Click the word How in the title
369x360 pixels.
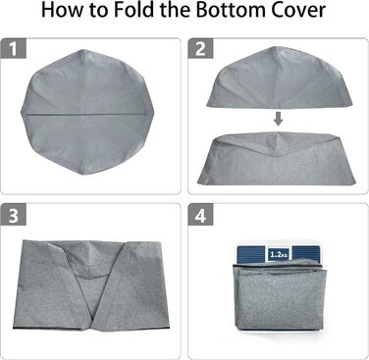(60, 10)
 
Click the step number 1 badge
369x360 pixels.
(13, 49)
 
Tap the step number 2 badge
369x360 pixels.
(200, 49)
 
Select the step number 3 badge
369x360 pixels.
(13, 215)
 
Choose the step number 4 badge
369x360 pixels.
(200, 215)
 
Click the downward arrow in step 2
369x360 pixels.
(278, 119)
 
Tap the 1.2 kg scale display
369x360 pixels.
(279, 253)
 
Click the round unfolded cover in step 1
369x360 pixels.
(84, 112)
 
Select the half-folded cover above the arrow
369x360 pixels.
(280, 77)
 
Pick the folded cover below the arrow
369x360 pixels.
(277, 159)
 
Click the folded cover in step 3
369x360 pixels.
(91, 285)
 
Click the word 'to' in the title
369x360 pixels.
(96, 11)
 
